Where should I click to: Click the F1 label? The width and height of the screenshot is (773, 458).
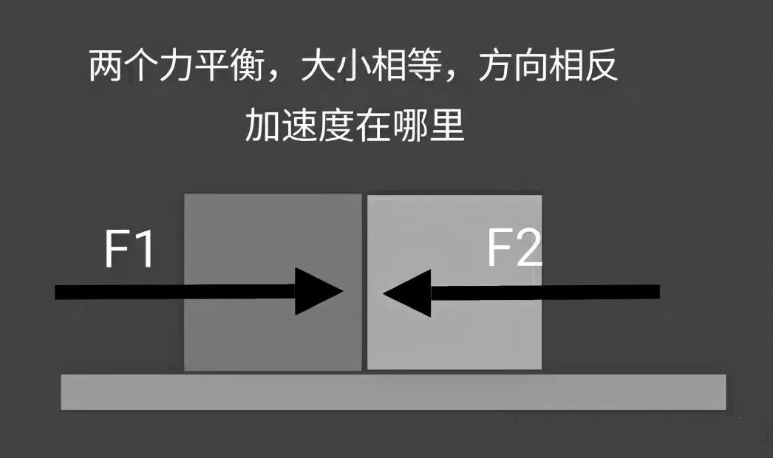[x=129, y=250]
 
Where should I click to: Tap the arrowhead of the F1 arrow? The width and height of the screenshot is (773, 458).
[x=319, y=291]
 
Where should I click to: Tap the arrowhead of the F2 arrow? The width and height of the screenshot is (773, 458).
[x=407, y=293]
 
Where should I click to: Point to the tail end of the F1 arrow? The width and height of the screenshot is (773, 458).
[x=59, y=291]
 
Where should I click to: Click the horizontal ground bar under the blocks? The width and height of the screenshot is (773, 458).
[x=392, y=392]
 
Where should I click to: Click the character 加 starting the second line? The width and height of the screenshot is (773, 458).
[x=263, y=126]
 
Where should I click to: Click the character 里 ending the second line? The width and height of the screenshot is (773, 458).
[x=446, y=126]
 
